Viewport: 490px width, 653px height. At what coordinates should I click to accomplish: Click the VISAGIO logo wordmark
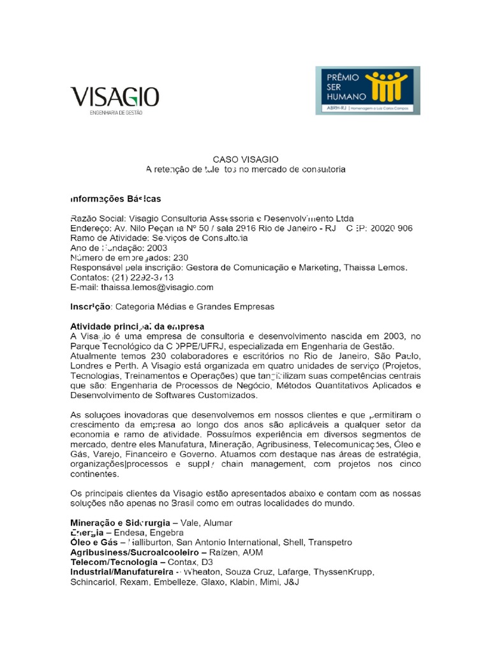pos(115,98)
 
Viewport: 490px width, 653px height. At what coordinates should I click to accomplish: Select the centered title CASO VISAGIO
pos(246,159)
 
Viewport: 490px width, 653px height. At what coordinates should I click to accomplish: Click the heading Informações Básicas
pos(115,198)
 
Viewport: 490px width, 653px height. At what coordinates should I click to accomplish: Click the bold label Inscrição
pos(91,307)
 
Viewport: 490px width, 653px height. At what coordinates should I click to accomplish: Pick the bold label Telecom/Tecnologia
pos(118,562)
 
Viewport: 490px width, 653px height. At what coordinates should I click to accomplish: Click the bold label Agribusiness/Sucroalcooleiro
pos(135,552)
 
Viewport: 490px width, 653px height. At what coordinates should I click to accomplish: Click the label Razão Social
pos(94,217)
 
